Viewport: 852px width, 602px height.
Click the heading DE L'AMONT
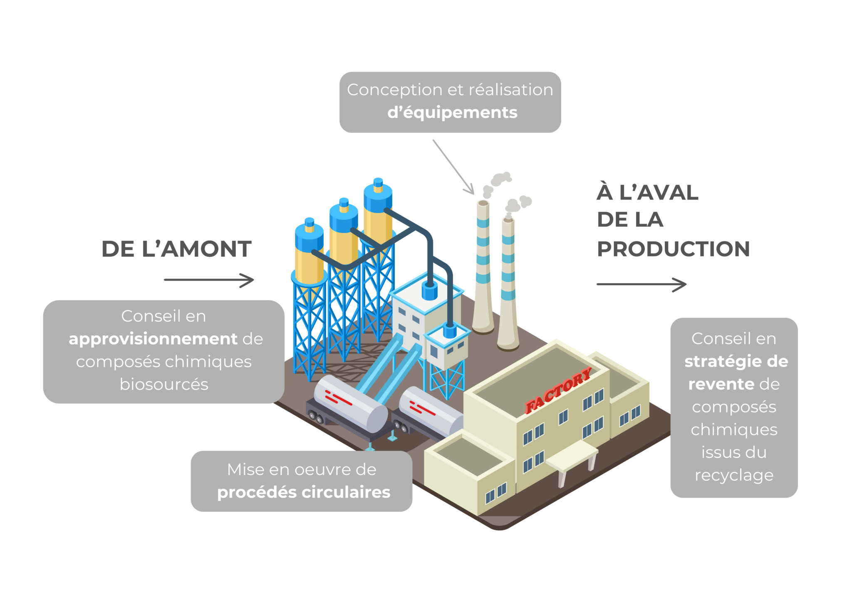click(176, 249)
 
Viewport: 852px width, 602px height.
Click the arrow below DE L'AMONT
click(209, 280)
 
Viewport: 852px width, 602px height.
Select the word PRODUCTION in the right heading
click(673, 249)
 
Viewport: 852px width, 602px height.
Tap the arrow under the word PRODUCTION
click(641, 284)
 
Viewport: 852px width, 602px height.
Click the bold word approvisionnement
click(153, 339)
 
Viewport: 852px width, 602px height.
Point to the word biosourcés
click(164, 384)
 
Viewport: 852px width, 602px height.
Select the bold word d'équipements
click(452, 112)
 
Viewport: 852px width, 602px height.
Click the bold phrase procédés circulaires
click(304, 492)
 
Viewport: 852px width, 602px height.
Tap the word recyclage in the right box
click(734, 475)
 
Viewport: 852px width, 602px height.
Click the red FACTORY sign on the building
click(558, 391)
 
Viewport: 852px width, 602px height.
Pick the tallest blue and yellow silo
click(378, 216)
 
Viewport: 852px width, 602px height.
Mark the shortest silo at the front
click(309, 254)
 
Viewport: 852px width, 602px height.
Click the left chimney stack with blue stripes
click(483, 266)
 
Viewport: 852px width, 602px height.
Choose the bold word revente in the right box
click(721, 384)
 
